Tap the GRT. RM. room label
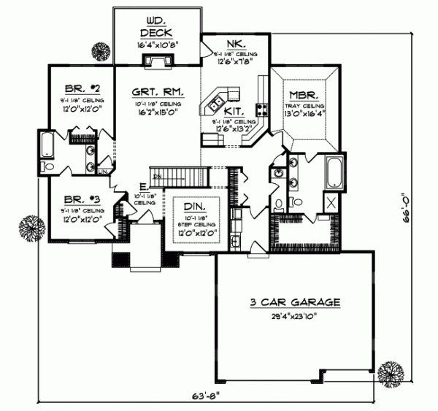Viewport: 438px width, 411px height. [157, 93]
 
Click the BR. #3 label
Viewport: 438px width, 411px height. [80, 198]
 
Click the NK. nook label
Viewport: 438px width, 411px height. [237, 43]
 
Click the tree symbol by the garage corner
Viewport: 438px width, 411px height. [391, 372]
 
